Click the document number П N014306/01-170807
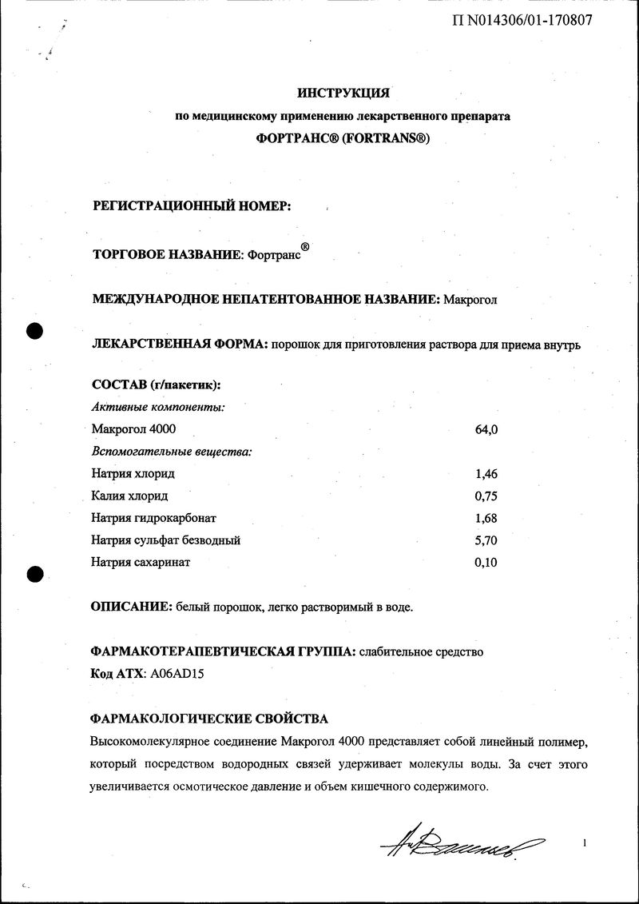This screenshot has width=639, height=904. click(x=522, y=20)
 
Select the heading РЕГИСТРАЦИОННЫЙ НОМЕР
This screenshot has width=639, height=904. click(x=192, y=205)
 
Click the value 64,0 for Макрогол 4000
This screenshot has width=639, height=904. click(x=486, y=429)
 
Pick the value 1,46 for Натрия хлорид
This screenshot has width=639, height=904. click(x=486, y=473)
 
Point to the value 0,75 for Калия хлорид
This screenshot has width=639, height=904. click(x=486, y=496)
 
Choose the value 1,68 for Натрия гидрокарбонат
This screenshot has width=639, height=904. click(x=486, y=518)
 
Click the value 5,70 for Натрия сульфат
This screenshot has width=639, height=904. click(x=486, y=540)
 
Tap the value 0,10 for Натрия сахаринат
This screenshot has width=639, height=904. click(x=486, y=562)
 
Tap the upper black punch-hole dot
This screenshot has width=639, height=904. click(x=34, y=330)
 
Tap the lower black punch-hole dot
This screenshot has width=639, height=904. click(x=34, y=572)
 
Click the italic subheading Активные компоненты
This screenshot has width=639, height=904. click(x=158, y=407)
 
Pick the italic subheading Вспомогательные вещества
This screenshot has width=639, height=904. click(x=172, y=452)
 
